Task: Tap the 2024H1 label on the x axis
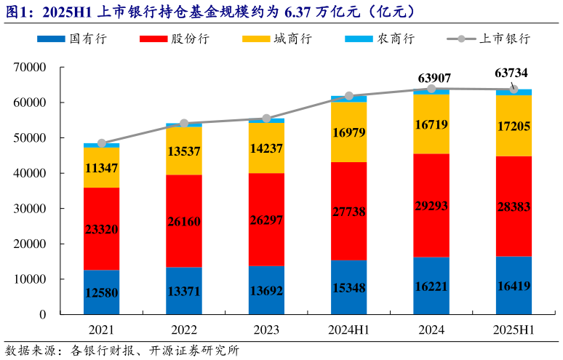pyautogui.click(x=348, y=329)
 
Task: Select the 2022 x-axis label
pyautogui.click(x=184, y=329)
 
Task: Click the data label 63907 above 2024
pyautogui.click(x=431, y=77)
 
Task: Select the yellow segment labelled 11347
pyautogui.click(x=102, y=168)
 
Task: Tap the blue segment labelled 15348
pyautogui.click(x=349, y=287)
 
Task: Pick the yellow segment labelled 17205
pyautogui.click(x=514, y=125)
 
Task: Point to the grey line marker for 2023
pyautogui.click(x=266, y=119)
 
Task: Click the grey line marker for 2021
pyautogui.click(x=102, y=143)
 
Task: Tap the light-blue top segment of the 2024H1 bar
pyautogui.click(x=349, y=99)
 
